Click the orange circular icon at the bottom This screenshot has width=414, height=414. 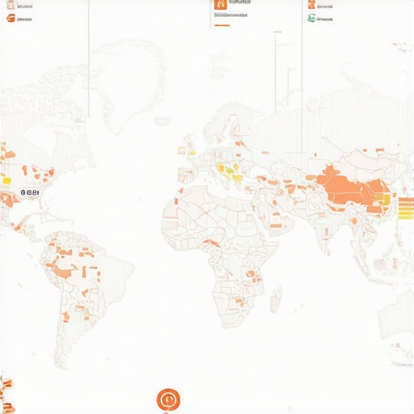pos(168,399)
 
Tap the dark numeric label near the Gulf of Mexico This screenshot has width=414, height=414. pos(29,193)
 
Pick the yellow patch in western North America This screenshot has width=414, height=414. pos(6,180)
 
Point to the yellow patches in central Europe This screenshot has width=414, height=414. pos(230,171)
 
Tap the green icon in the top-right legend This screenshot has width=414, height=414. pos(311,18)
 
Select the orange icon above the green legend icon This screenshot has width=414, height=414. pos(311,4)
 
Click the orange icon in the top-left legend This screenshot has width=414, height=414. pos(10,18)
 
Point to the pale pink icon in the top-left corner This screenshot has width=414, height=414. pos(10,4)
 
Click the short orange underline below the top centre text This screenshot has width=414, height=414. pos(222,26)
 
